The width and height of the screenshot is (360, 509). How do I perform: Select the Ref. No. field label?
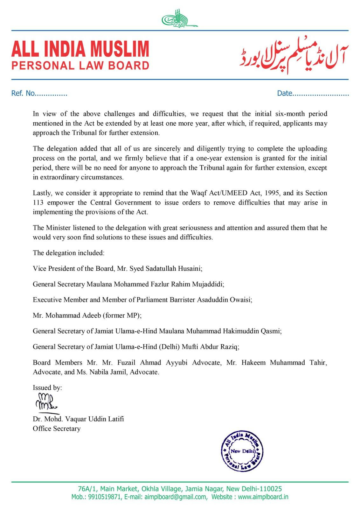[x=23, y=93]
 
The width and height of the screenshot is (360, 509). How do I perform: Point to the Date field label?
[x=285, y=93]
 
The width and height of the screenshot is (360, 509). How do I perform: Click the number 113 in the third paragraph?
[x=39, y=203]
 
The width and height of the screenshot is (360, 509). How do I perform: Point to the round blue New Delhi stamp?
[x=242, y=451]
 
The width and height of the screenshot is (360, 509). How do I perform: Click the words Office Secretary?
[x=57, y=429]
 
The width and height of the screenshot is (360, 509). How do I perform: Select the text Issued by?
[x=47, y=387]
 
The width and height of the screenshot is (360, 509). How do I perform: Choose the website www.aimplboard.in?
[x=263, y=497]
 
